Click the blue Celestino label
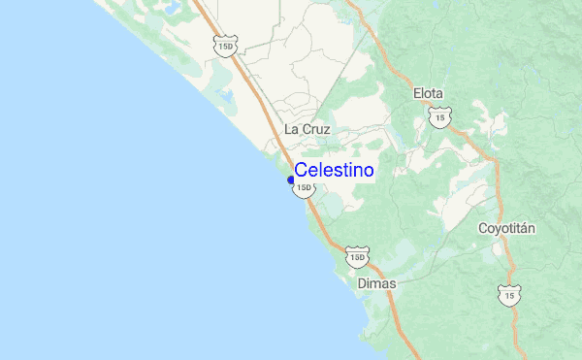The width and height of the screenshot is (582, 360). pos(334,170)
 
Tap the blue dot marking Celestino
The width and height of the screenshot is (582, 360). pos(291,180)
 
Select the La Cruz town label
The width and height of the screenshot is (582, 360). pos(307,129)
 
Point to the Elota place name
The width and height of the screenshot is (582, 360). pos(428,94)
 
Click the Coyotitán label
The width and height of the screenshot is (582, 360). pos(507,229)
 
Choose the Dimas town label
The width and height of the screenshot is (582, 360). pos(376,283)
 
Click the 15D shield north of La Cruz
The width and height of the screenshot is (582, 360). pos(226,45)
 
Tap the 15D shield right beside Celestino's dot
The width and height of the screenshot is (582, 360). pos(304,187)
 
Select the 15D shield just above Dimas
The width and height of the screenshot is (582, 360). pos(356,257)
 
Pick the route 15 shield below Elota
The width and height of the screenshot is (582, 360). pos(439,117)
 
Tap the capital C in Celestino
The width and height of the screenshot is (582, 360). pos(301,170)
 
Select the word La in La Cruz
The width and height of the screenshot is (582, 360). pos(290,129)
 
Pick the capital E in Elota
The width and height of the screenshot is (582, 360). pos(417,94)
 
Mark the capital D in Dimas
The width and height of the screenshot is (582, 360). pos(362,283)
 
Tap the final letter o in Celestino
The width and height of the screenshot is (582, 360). pos(369,170)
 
